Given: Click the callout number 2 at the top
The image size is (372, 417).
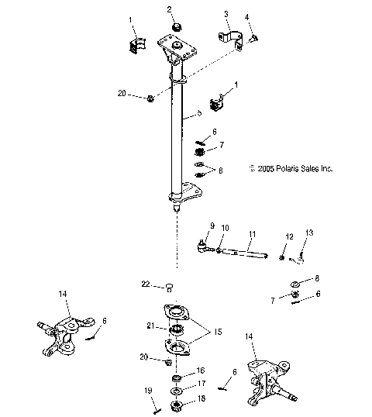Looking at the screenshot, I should (x=170, y=9).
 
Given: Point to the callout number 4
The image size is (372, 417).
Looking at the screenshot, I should (x=247, y=17).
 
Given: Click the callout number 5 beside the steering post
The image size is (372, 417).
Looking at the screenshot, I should (x=199, y=113).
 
